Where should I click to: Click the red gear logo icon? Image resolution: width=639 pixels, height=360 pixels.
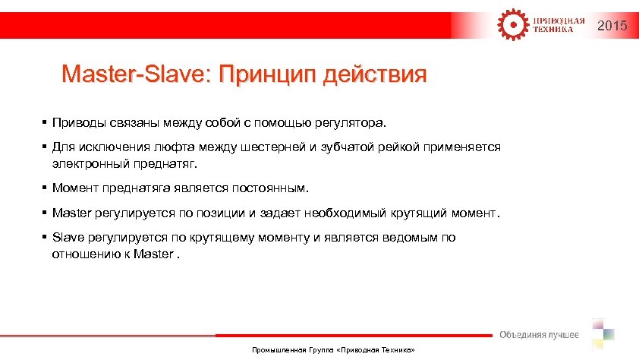click(511, 24)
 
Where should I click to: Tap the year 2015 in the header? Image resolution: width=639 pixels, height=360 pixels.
click(612, 27)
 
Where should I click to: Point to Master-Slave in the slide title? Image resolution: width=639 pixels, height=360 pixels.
click(136, 74)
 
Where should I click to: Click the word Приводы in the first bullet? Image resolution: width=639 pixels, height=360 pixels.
click(77, 122)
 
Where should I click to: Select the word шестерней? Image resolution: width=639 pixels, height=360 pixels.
click(275, 147)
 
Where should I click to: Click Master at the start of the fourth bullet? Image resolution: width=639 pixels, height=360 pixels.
click(71, 213)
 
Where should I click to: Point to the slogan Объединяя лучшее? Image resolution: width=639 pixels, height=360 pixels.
click(538, 335)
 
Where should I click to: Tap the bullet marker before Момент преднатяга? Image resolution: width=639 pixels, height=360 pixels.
click(46, 188)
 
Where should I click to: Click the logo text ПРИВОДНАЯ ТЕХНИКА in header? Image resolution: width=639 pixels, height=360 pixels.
click(557, 24)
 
